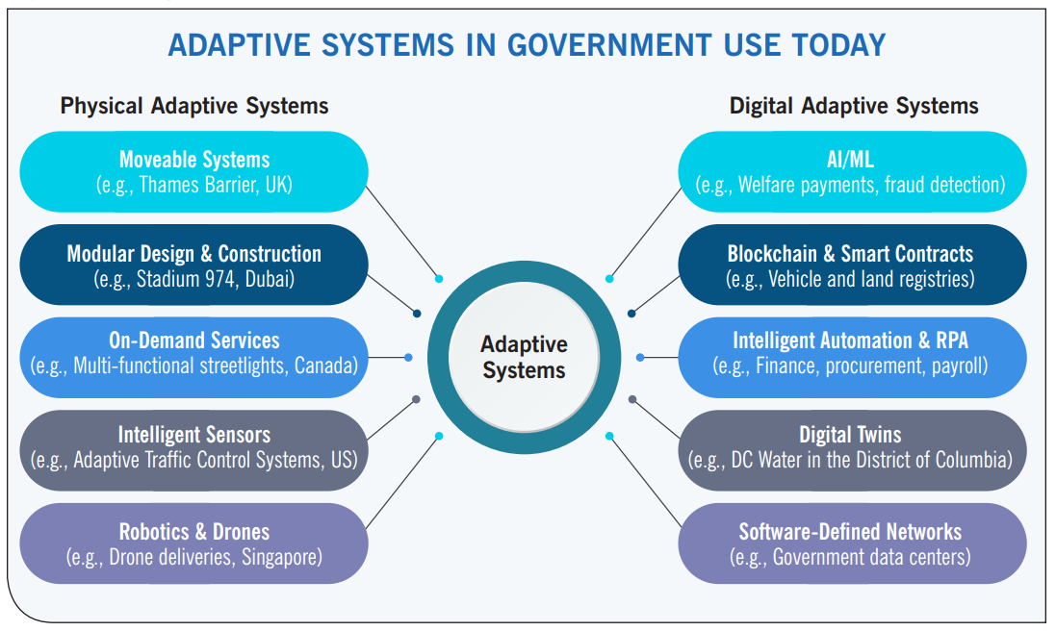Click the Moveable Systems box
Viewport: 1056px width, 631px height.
pyautogui.click(x=193, y=171)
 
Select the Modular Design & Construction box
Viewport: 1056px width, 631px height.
pyautogui.click(x=193, y=265)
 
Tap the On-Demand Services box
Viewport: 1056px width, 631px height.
pyautogui.click(x=193, y=357)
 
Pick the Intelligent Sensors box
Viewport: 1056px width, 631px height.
pyautogui.click(x=193, y=450)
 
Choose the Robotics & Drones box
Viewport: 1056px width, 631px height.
pyautogui.click(x=193, y=543)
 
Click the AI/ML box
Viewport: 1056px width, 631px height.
pyautogui.click(x=852, y=171)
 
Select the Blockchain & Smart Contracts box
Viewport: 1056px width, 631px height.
pyautogui.click(x=852, y=265)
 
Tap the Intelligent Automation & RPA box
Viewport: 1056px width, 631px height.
pyautogui.click(x=852, y=357)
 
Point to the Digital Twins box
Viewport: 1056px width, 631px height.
pyautogui.click(x=852, y=450)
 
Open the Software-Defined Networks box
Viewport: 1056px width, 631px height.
pyautogui.click(x=852, y=543)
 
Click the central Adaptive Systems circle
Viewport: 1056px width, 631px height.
pyautogui.click(x=524, y=357)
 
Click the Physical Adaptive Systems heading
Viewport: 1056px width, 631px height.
pyautogui.click(x=193, y=106)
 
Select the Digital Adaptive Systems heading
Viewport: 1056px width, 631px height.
pyautogui.click(x=854, y=106)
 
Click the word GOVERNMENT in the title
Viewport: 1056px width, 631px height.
pyautogui.click(x=608, y=46)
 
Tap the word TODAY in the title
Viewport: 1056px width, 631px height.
pyautogui.click(x=838, y=46)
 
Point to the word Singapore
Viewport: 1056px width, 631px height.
pyautogui.click(x=281, y=557)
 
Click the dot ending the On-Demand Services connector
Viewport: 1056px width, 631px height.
pyautogui.click(x=408, y=357)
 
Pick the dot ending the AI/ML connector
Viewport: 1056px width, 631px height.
pyautogui.click(x=609, y=279)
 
